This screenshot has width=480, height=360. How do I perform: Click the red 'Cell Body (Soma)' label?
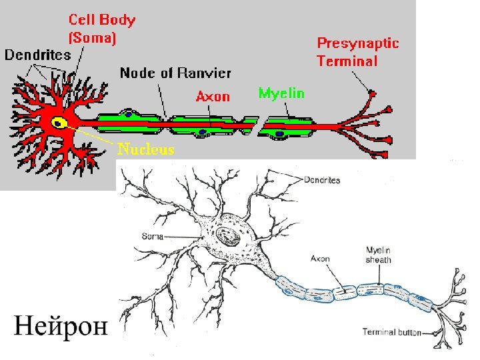point(102,29)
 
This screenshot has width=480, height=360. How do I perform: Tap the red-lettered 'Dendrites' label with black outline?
point(38,55)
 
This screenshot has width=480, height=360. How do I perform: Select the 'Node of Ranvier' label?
point(175,73)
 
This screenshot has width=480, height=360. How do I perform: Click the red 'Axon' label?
point(213,97)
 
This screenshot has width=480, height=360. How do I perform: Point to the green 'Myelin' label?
point(281,93)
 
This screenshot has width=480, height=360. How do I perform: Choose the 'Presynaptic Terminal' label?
point(357,53)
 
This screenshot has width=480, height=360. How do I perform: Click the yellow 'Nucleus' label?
point(146,149)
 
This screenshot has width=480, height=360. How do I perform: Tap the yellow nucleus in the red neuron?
point(59,123)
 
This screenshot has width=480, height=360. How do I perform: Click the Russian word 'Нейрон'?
point(60,327)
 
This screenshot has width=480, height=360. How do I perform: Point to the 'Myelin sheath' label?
point(378,255)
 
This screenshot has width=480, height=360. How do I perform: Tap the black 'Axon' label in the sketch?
point(320,258)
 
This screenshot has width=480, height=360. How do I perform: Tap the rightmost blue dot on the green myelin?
point(281,134)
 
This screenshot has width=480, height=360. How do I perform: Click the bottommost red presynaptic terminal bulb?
point(385,155)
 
